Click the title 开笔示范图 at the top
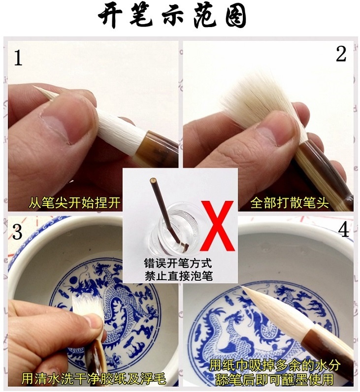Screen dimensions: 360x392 (x=172, y=15)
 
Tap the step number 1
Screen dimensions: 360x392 (x=18, y=58)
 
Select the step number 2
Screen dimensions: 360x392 (x=341, y=54)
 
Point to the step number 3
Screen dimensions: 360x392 (x=17, y=232)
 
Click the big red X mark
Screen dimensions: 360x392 (x=218, y=226)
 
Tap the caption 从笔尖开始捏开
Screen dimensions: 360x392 (x=74, y=203)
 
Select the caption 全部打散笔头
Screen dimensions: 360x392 (x=290, y=203)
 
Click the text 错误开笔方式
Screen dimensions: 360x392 (x=178, y=263)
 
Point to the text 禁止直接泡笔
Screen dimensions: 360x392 (x=178, y=276)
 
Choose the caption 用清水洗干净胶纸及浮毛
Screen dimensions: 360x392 (x=94, y=379)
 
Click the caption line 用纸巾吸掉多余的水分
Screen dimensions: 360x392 (x=274, y=366)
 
